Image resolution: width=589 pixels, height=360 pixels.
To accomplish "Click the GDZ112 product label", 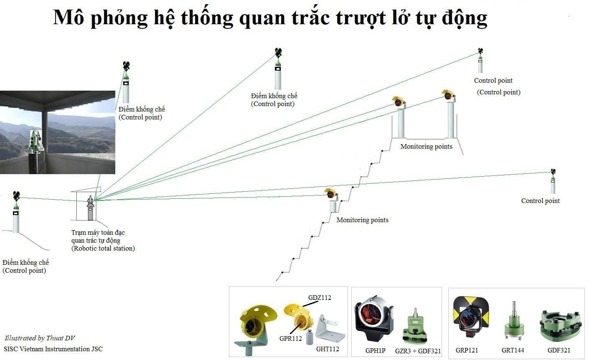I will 320,297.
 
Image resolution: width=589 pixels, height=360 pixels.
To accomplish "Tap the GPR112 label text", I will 290,338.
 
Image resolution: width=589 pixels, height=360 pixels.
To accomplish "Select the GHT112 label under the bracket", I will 328,349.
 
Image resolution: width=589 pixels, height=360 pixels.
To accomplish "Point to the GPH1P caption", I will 375,351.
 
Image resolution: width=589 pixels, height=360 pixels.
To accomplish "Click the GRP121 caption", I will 467,350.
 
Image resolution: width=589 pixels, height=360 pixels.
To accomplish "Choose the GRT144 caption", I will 513,350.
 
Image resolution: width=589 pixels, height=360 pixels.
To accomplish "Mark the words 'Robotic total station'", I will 103,248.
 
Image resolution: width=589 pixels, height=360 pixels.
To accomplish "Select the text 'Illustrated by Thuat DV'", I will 40,338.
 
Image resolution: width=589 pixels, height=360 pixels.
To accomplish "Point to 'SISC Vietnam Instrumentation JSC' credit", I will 53,349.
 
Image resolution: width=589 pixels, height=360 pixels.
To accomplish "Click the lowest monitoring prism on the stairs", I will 331,193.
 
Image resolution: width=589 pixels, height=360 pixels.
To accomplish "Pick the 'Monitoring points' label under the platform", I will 426,147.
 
